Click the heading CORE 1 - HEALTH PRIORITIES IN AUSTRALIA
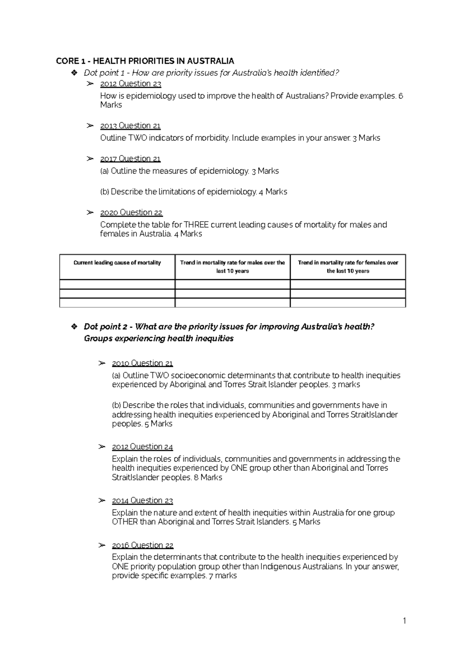coord(145,61)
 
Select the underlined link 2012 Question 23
coord(130,84)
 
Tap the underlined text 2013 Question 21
coord(130,126)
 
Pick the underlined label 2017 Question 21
coord(130,159)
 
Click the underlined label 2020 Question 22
coord(131,213)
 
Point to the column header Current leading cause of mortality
coord(117,263)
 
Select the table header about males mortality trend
coord(232,267)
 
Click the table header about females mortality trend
coord(348,267)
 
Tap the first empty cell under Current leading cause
coord(117,285)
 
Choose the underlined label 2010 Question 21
coord(142,363)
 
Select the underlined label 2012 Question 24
coord(142,447)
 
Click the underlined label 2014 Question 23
coord(142,501)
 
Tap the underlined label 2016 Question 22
coord(142,545)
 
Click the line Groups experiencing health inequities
coord(159,339)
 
